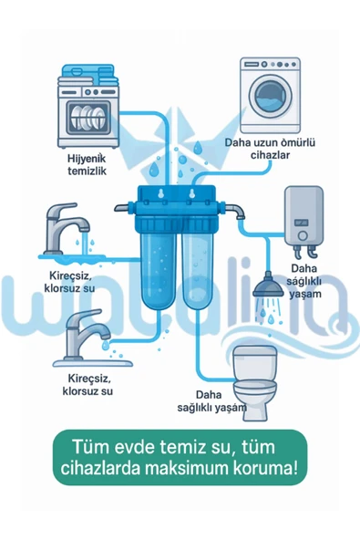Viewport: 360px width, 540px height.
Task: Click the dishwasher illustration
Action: tap(88, 107)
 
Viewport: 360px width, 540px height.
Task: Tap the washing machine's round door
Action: tap(270, 96)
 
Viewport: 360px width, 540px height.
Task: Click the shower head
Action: tap(268, 286)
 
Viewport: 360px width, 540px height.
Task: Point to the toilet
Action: tap(255, 383)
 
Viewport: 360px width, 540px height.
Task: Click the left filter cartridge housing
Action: tap(159, 266)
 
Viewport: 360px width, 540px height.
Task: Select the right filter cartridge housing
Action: tap(198, 266)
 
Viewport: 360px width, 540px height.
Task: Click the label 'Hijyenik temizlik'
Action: tap(87, 164)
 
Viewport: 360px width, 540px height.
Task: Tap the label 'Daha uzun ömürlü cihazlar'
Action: tap(270, 149)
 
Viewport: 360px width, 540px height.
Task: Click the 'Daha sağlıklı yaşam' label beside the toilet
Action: tap(212, 401)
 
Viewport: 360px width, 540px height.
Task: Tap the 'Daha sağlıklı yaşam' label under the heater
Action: tap(304, 281)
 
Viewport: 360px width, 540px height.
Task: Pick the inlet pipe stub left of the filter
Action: tap(122, 208)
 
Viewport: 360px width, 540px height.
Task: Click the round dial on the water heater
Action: tap(303, 235)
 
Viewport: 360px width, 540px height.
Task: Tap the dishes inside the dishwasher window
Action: tap(87, 116)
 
